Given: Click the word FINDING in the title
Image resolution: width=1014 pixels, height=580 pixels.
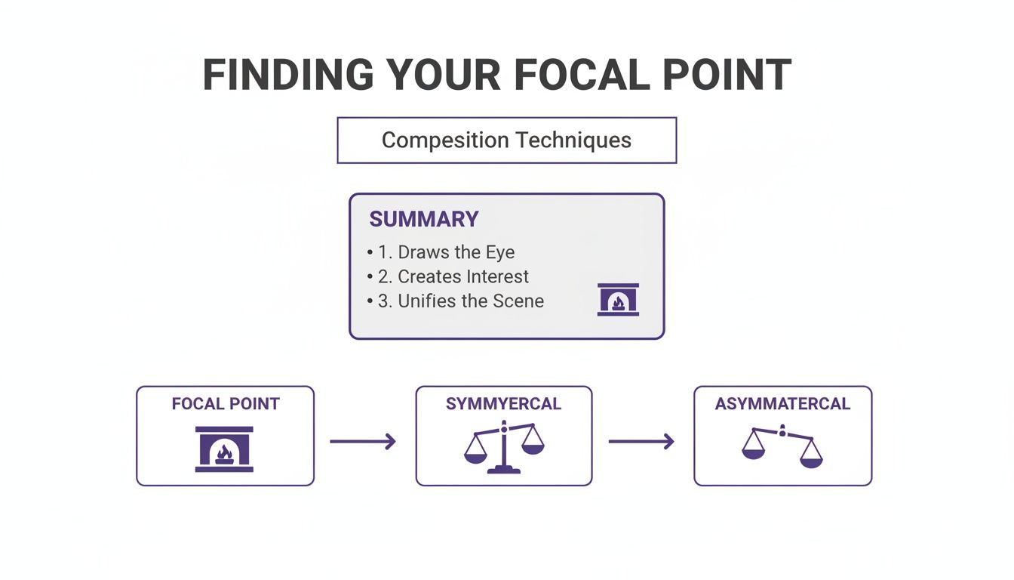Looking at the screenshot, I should [287, 75].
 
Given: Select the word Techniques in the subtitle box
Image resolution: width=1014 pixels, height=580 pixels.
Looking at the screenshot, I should [573, 140].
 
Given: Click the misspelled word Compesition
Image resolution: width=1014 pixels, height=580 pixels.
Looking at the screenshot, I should [445, 140].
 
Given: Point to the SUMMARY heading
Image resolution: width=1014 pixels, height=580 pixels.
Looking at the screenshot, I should [423, 219].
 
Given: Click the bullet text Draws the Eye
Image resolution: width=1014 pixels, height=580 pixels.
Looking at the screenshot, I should [456, 252].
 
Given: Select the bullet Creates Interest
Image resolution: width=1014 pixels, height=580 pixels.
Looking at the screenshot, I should [463, 276].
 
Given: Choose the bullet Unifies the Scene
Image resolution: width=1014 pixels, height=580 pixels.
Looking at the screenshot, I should [470, 301].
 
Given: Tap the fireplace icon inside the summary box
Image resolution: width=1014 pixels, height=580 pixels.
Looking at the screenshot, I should [618, 300].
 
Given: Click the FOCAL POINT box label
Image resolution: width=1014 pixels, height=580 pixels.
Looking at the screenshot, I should [225, 404].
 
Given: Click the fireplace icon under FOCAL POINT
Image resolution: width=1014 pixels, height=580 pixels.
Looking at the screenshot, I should [224, 449].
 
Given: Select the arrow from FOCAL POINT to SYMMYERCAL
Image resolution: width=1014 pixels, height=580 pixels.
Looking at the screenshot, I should [363, 442].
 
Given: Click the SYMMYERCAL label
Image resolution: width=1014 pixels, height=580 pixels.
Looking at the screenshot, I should [503, 404].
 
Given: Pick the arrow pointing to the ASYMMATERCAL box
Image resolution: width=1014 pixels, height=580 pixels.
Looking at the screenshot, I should [641, 442].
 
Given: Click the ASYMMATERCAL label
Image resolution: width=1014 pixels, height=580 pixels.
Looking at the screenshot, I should [782, 404].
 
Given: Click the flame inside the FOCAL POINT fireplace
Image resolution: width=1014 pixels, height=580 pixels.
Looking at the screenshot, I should [224, 453].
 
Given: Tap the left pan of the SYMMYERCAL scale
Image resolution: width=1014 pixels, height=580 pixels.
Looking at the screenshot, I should [475, 457].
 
